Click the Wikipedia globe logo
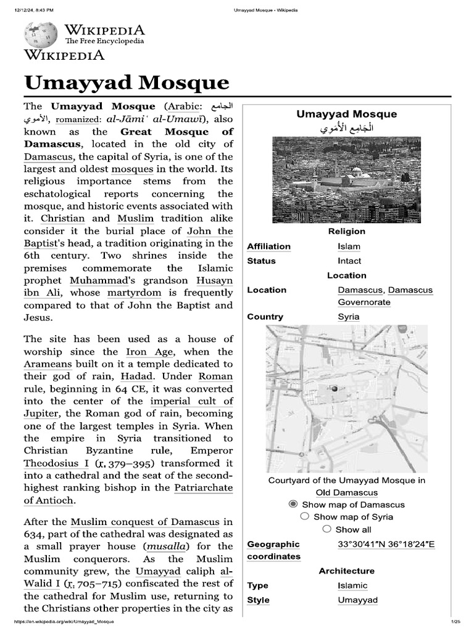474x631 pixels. (x=41, y=35)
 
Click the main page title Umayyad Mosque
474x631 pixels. (x=127, y=83)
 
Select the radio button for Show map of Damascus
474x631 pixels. (x=293, y=504)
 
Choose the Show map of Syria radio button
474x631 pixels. (x=304, y=516)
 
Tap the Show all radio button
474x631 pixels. (x=326, y=529)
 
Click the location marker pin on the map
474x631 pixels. (x=335, y=389)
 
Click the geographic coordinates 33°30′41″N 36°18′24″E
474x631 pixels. (x=386, y=544)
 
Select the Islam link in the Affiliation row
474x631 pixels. (x=349, y=246)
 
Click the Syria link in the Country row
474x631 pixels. (x=348, y=317)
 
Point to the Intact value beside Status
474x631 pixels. (x=349, y=261)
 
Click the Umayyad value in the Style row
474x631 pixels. (x=357, y=600)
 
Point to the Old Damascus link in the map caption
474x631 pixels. (x=346, y=492)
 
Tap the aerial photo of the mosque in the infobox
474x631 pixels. (x=346, y=179)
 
